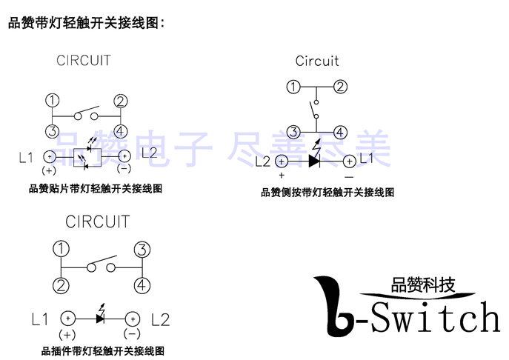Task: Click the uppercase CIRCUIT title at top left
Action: tap(83, 61)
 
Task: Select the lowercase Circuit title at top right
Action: tap(317, 61)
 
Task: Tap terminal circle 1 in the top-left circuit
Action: tap(53, 101)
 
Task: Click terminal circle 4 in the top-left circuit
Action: tap(120, 131)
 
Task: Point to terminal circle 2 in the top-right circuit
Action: tap(340, 87)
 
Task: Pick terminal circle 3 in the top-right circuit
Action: tap(293, 132)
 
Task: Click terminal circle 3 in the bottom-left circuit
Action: tap(142, 250)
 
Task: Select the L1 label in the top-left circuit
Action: tap(27, 156)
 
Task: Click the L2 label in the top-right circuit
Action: tap(262, 160)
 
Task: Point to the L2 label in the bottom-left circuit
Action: tap(160, 320)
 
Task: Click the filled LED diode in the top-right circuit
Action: tap(314, 159)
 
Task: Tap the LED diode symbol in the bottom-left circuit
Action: tap(100, 318)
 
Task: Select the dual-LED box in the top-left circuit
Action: tap(87, 156)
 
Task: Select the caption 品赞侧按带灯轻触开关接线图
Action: tap(327, 193)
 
